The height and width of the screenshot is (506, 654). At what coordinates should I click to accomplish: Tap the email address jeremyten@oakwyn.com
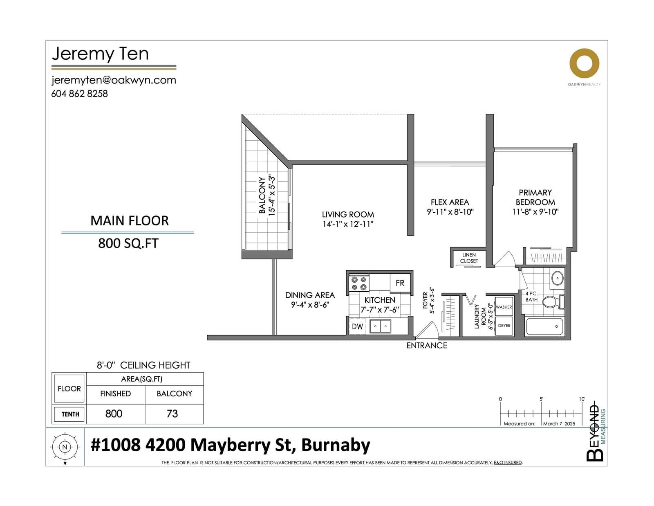pos(114,80)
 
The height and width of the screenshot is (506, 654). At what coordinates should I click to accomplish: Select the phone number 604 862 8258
pos(79,94)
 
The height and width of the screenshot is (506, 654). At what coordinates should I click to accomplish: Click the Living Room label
pos(348,214)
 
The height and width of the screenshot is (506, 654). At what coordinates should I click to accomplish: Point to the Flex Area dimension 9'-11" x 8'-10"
pos(450,212)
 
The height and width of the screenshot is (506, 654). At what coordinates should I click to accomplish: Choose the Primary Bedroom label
pos(535,197)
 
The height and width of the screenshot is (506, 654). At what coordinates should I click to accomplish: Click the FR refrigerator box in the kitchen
pos(400,283)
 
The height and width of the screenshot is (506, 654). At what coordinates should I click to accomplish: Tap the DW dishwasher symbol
pos(358,326)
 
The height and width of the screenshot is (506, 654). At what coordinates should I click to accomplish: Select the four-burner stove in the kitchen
pos(359,283)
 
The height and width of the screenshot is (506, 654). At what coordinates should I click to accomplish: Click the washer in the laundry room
pos(504,307)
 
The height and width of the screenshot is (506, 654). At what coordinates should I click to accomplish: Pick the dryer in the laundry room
pos(504,326)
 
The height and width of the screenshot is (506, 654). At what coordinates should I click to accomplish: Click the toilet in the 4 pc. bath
pos(553,301)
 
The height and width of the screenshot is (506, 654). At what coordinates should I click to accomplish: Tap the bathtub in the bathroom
pos(544,326)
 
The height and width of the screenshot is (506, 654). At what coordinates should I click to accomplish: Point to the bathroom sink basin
pos(558,278)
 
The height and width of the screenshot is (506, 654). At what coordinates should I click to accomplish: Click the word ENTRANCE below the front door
pos(426,346)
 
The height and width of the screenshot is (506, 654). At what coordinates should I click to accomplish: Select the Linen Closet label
pos(469,258)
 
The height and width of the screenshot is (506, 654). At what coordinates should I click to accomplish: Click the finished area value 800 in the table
pos(114,414)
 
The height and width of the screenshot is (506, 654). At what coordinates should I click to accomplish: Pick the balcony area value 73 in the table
pos(172,414)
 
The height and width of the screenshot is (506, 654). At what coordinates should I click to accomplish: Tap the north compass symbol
pos(65,447)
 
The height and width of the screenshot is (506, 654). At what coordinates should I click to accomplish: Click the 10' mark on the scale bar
pos(582,399)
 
